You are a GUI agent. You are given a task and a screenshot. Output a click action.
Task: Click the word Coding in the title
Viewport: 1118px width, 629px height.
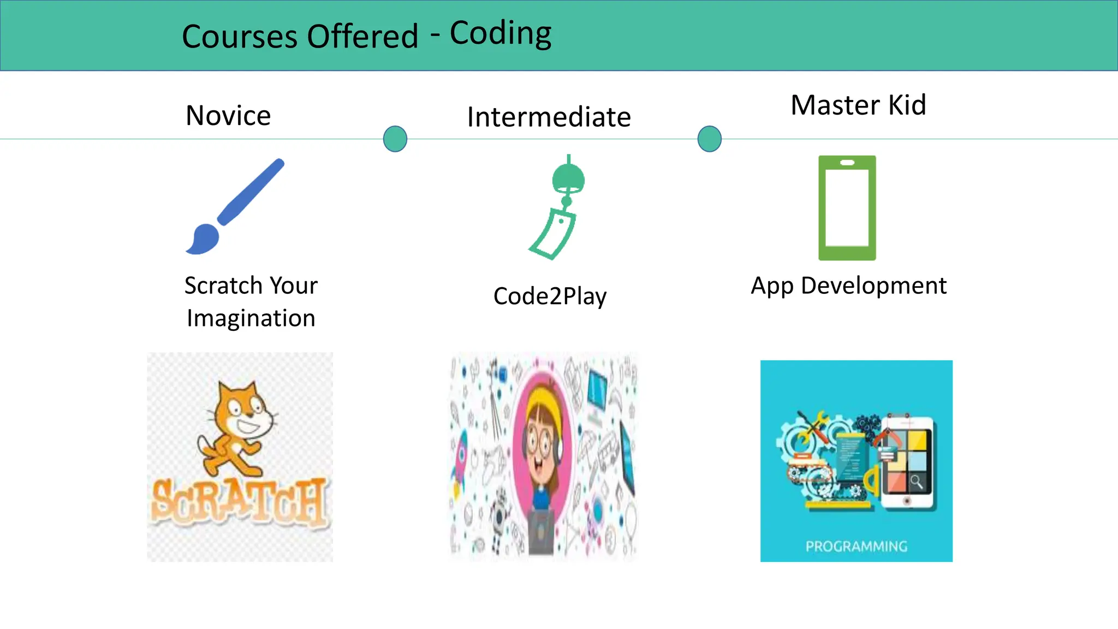click(x=500, y=34)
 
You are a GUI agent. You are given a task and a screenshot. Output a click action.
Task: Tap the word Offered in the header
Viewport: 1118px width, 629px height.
click(x=362, y=37)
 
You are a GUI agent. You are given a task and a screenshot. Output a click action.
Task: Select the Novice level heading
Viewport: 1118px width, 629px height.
click(x=228, y=116)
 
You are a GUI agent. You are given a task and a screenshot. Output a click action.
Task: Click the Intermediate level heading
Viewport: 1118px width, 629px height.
click(x=549, y=117)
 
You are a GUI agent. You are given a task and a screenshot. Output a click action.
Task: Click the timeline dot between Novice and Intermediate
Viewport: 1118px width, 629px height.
click(x=395, y=139)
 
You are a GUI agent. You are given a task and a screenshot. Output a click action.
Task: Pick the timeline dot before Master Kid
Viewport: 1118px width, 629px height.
click(x=710, y=139)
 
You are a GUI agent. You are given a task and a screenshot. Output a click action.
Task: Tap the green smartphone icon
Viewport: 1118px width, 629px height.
click(x=847, y=208)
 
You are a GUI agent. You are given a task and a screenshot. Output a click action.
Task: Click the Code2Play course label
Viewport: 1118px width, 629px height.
click(x=550, y=296)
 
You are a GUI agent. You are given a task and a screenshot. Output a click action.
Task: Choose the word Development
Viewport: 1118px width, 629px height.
click(x=873, y=286)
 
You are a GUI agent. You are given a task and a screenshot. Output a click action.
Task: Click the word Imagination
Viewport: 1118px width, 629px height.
click(x=251, y=318)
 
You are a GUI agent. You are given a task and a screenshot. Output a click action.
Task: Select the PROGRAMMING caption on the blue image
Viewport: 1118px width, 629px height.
click(x=857, y=547)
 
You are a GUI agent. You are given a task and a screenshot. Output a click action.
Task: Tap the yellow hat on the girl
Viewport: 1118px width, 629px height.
click(x=543, y=401)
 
